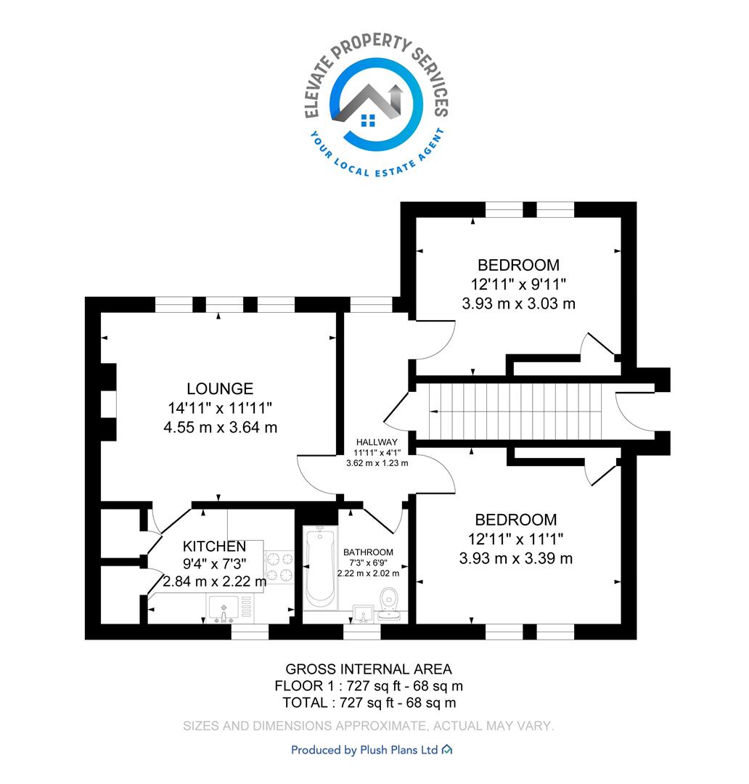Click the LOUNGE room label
click(x=220, y=388)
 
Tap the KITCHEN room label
click(x=214, y=546)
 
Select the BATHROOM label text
click(x=368, y=552)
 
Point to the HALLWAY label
click(x=377, y=442)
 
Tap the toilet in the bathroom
click(x=388, y=604)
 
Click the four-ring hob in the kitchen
click(x=279, y=567)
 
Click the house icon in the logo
click(x=368, y=107)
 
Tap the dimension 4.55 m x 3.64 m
click(x=220, y=428)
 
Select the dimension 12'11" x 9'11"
click(x=518, y=285)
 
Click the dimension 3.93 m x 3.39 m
click(x=516, y=558)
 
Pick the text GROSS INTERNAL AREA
click(x=369, y=669)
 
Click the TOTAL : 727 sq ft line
click(x=369, y=703)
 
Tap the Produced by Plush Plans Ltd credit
click(x=372, y=750)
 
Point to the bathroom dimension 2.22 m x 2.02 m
click(x=368, y=573)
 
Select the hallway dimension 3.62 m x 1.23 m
click(x=377, y=463)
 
